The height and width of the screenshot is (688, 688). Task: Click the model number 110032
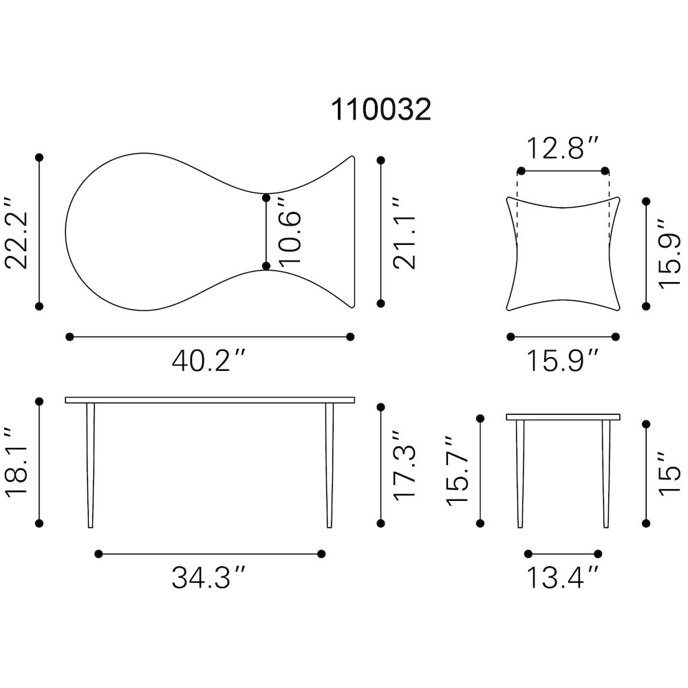tap(381, 109)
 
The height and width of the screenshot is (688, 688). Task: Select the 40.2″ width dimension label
tap(209, 361)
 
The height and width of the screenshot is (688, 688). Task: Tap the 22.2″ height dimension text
tap(17, 233)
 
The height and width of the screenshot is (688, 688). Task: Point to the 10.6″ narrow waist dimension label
tap(290, 231)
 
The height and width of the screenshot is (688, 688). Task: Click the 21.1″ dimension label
tap(404, 233)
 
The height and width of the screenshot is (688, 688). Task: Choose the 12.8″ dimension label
tap(562, 149)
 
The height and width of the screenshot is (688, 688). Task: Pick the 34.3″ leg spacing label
tap(209, 577)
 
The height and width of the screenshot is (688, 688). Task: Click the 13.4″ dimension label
tap(562, 577)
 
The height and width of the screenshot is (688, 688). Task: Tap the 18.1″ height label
tap(17, 462)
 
